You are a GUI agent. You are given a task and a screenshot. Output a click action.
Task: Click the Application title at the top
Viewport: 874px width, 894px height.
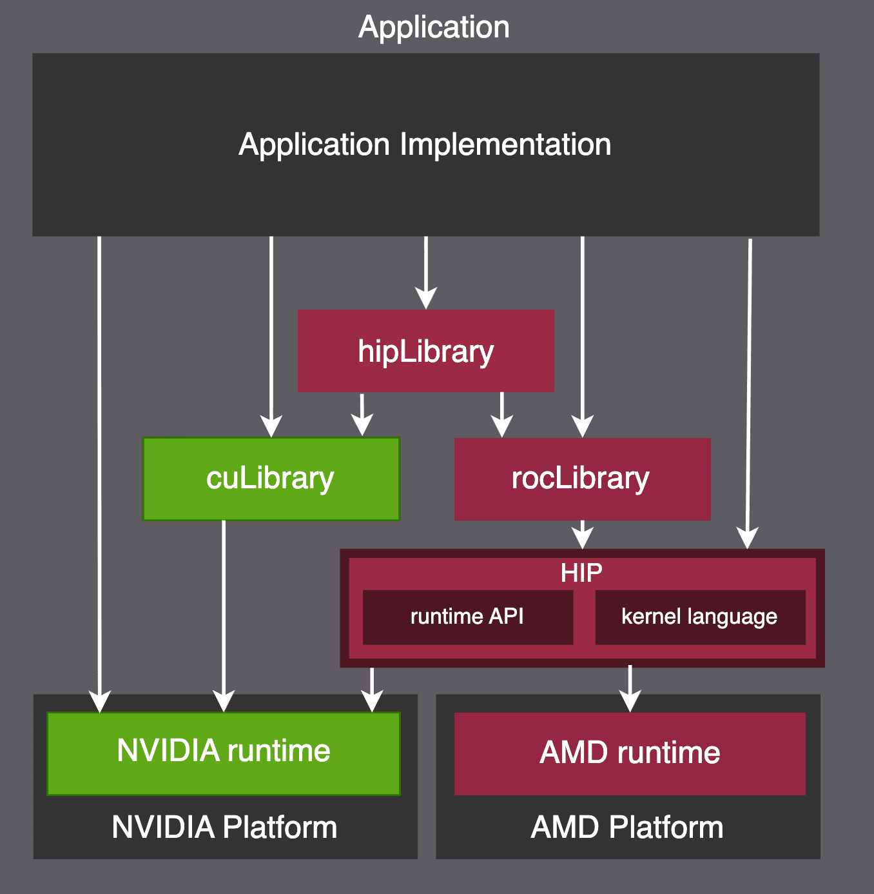click(x=434, y=27)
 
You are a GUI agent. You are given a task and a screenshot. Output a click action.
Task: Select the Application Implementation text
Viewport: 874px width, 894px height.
click(x=425, y=144)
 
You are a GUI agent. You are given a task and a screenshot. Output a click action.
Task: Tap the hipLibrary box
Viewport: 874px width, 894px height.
click(x=425, y=351)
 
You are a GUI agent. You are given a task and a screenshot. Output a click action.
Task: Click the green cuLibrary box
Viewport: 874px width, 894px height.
click(x=271, y=479)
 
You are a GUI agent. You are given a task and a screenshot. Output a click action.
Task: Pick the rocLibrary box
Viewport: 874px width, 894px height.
click(x=582, y=479)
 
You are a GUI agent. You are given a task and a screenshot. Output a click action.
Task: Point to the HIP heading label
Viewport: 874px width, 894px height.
click(x=581, y=573)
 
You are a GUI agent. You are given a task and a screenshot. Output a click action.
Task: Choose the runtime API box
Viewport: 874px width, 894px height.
click(x=467, y=617)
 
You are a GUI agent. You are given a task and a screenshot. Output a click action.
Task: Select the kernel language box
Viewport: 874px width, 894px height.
click(x=699, y=617)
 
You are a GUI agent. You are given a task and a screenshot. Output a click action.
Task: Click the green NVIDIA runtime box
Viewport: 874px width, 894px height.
click(x=224, y=753)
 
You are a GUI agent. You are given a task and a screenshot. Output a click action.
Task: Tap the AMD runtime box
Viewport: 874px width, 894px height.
click(x=630, y=753)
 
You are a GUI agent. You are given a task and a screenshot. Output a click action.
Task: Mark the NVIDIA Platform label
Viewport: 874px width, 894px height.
click(x=224, y=828)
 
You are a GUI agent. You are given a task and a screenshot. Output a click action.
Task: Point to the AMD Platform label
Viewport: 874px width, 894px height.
click(x=627, y=828)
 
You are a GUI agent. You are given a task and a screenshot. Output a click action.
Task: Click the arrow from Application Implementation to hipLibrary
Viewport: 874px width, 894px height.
click(x=425, y=271)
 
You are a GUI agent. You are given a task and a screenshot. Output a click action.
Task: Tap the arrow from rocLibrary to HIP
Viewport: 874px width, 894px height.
click(x=583, y=534)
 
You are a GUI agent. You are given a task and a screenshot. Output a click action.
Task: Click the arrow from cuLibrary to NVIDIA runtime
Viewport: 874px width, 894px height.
click(x=224, y=613)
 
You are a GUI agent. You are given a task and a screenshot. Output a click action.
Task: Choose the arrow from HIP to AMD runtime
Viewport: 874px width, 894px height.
click(x=630, y=688)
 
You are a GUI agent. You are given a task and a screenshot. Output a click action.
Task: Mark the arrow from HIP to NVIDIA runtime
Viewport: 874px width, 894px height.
click(x=372, y=689)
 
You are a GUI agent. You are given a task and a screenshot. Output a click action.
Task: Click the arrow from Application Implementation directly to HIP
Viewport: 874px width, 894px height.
click(x=749, y=387)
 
